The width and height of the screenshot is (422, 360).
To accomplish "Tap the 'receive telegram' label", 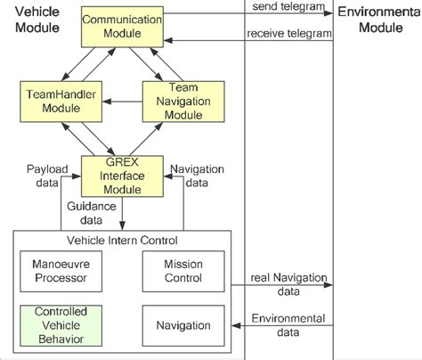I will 288,33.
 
